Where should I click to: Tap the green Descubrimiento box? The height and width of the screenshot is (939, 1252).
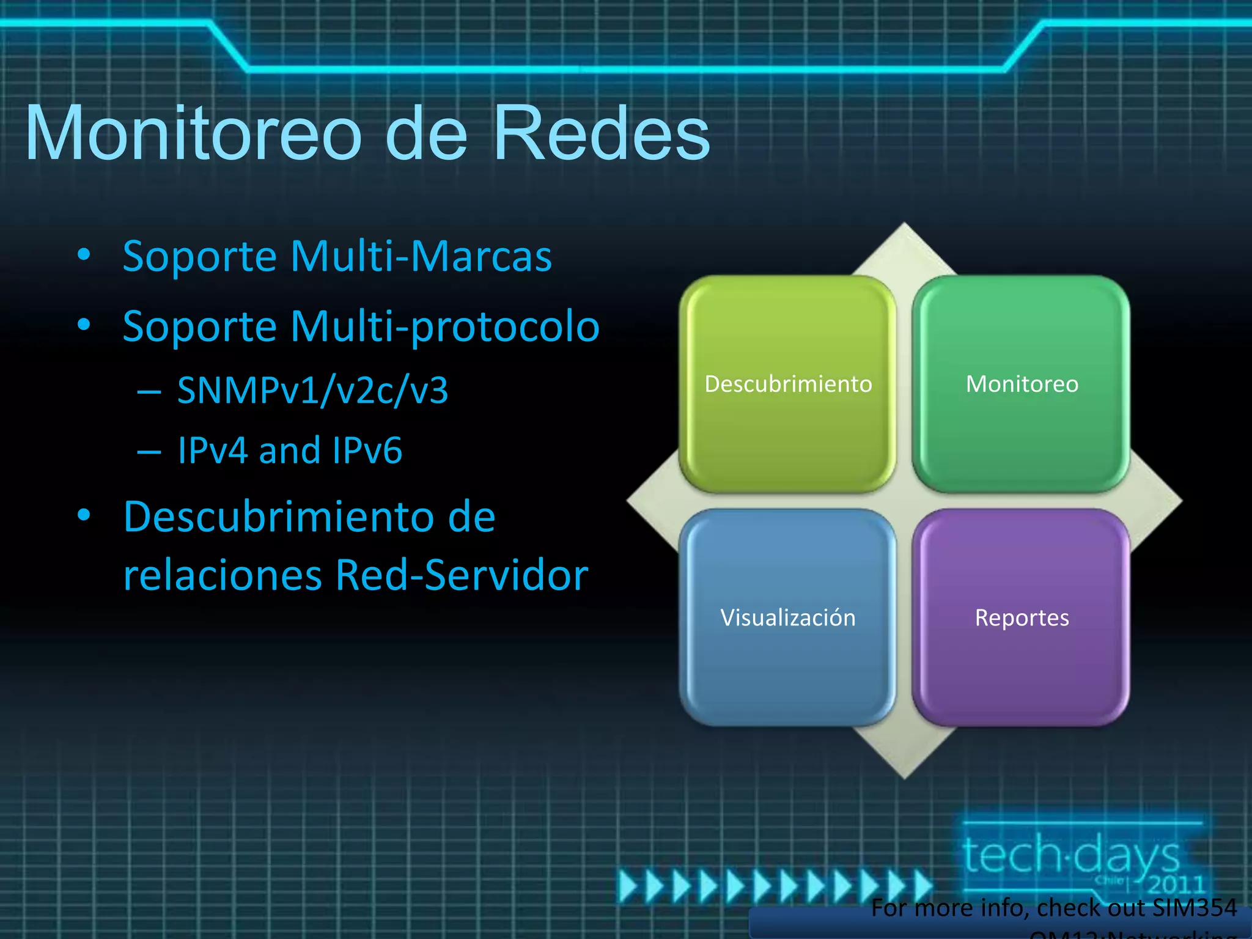(787, 383)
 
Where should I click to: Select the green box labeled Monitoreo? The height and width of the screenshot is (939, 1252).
(1022, 383)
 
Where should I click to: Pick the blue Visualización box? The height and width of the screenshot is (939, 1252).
(787, 617)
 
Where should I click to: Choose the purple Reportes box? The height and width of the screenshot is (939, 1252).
(1022, 617)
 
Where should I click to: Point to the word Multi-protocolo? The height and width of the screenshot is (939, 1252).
(445, 326)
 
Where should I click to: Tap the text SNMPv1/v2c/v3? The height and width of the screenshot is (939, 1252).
(312, 390)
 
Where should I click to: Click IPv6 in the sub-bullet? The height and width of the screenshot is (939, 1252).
(367, 451)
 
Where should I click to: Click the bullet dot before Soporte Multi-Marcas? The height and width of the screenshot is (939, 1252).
(84, 254)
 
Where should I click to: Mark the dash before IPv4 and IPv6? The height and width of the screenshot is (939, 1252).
(149, 452)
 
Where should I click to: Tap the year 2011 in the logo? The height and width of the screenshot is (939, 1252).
(1175, 884)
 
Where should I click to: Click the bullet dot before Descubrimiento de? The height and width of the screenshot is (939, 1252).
(84, 515)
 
